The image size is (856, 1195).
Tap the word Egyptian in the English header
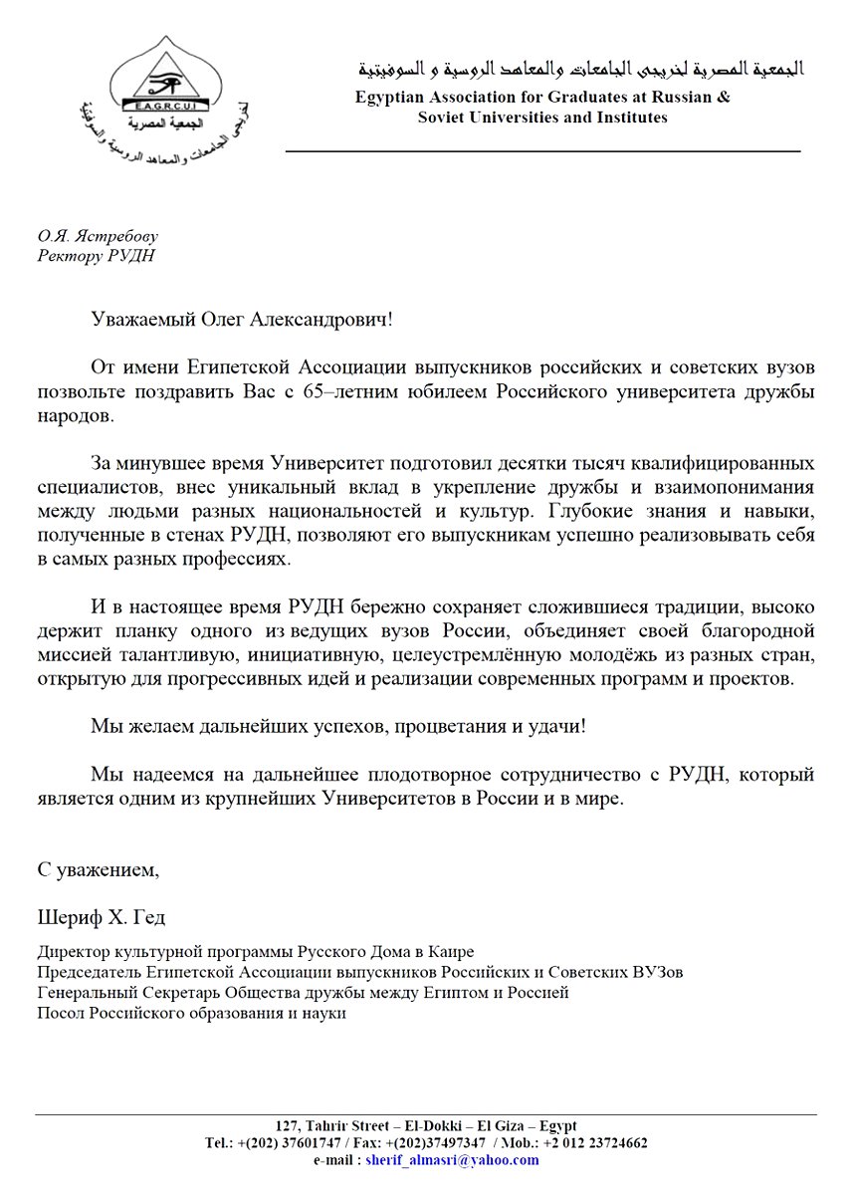pos(391,98)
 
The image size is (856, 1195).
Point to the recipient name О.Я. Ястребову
pos(98,237)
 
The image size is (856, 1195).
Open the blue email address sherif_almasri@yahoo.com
pos(452,1160)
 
